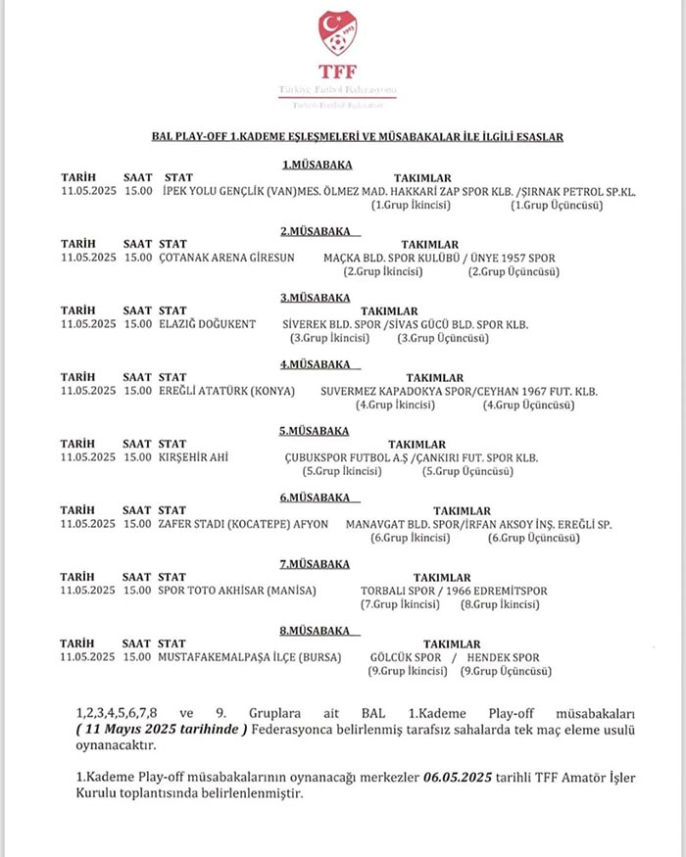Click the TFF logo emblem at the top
[x=338, y=34]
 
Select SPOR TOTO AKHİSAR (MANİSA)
[x=234, y=592]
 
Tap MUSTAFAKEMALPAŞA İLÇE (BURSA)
[x=250, y=657]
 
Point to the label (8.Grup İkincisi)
[x=501, y=605]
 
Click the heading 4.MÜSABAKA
[x=316, y=364]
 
